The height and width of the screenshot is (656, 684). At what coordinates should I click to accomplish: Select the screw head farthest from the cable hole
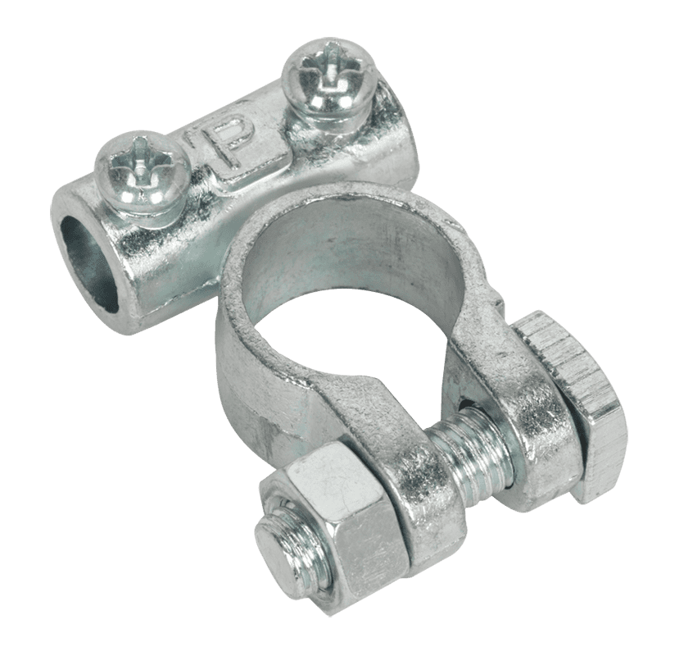coord(328,79)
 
